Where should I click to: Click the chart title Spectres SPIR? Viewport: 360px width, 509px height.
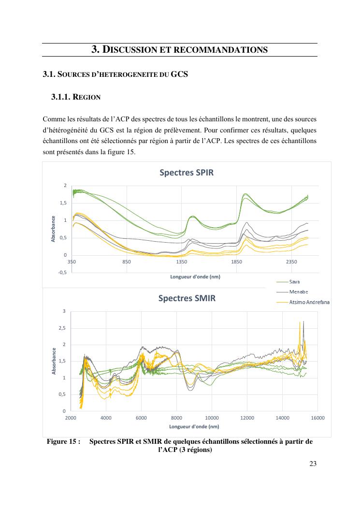click(x=186, y=173)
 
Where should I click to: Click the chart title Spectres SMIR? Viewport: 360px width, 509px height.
click(x=187, y=298)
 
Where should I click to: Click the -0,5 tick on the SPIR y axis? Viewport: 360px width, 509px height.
click(x=62, y=273)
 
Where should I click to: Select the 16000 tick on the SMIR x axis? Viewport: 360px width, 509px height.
click(x=317, y=418)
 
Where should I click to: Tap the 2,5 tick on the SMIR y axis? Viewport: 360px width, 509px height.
click(x=62, y=328)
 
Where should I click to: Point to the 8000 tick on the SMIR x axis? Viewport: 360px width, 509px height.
click(x=176, y=418)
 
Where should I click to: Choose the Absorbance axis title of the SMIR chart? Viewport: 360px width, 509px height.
click(x=55, y=361)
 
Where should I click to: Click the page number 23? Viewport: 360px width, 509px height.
click(x=313, y=464)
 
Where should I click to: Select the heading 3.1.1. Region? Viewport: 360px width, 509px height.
click(x=75, y=97)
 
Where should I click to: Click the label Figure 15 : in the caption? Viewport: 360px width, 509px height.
click(x=63, y=441)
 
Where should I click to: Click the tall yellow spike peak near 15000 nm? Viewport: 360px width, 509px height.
click(x=301, y=322)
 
